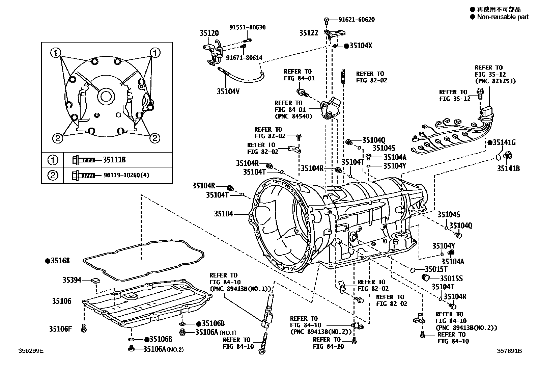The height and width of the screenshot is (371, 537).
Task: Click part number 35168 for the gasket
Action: point(60,261)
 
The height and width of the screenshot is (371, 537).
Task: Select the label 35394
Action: point(72,280)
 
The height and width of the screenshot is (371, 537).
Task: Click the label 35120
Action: point(209,33)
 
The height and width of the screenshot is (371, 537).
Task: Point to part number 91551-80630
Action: point(248,27)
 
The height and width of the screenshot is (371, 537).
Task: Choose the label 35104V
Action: point(228,91)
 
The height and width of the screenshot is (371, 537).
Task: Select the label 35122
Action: point(309,33)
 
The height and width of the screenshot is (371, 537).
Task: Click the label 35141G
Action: point(504,142)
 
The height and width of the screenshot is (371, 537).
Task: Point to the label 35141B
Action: point(508,168)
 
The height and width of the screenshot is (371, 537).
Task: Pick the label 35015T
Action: point(436,269)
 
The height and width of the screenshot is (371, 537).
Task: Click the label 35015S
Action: point(451,279)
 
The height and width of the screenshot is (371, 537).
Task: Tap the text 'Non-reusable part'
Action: point(503,17)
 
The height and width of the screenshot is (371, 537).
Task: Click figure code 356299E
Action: point(31,351)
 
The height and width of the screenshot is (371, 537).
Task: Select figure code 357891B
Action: point(509,351)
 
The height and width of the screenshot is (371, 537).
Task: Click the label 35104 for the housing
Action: point(223,214)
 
